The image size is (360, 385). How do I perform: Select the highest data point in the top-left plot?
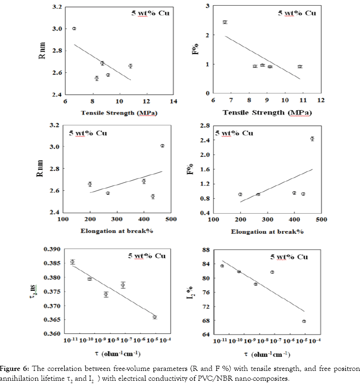coord(74,29)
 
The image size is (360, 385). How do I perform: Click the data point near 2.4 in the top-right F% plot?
coord(225,22)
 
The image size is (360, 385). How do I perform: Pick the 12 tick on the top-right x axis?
coord(321,100)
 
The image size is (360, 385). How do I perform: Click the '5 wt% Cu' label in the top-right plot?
coord(297,13)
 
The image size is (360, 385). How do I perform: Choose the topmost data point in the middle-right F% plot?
coord(312,139)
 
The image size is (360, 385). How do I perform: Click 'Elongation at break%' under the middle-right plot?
coord(268,232)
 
